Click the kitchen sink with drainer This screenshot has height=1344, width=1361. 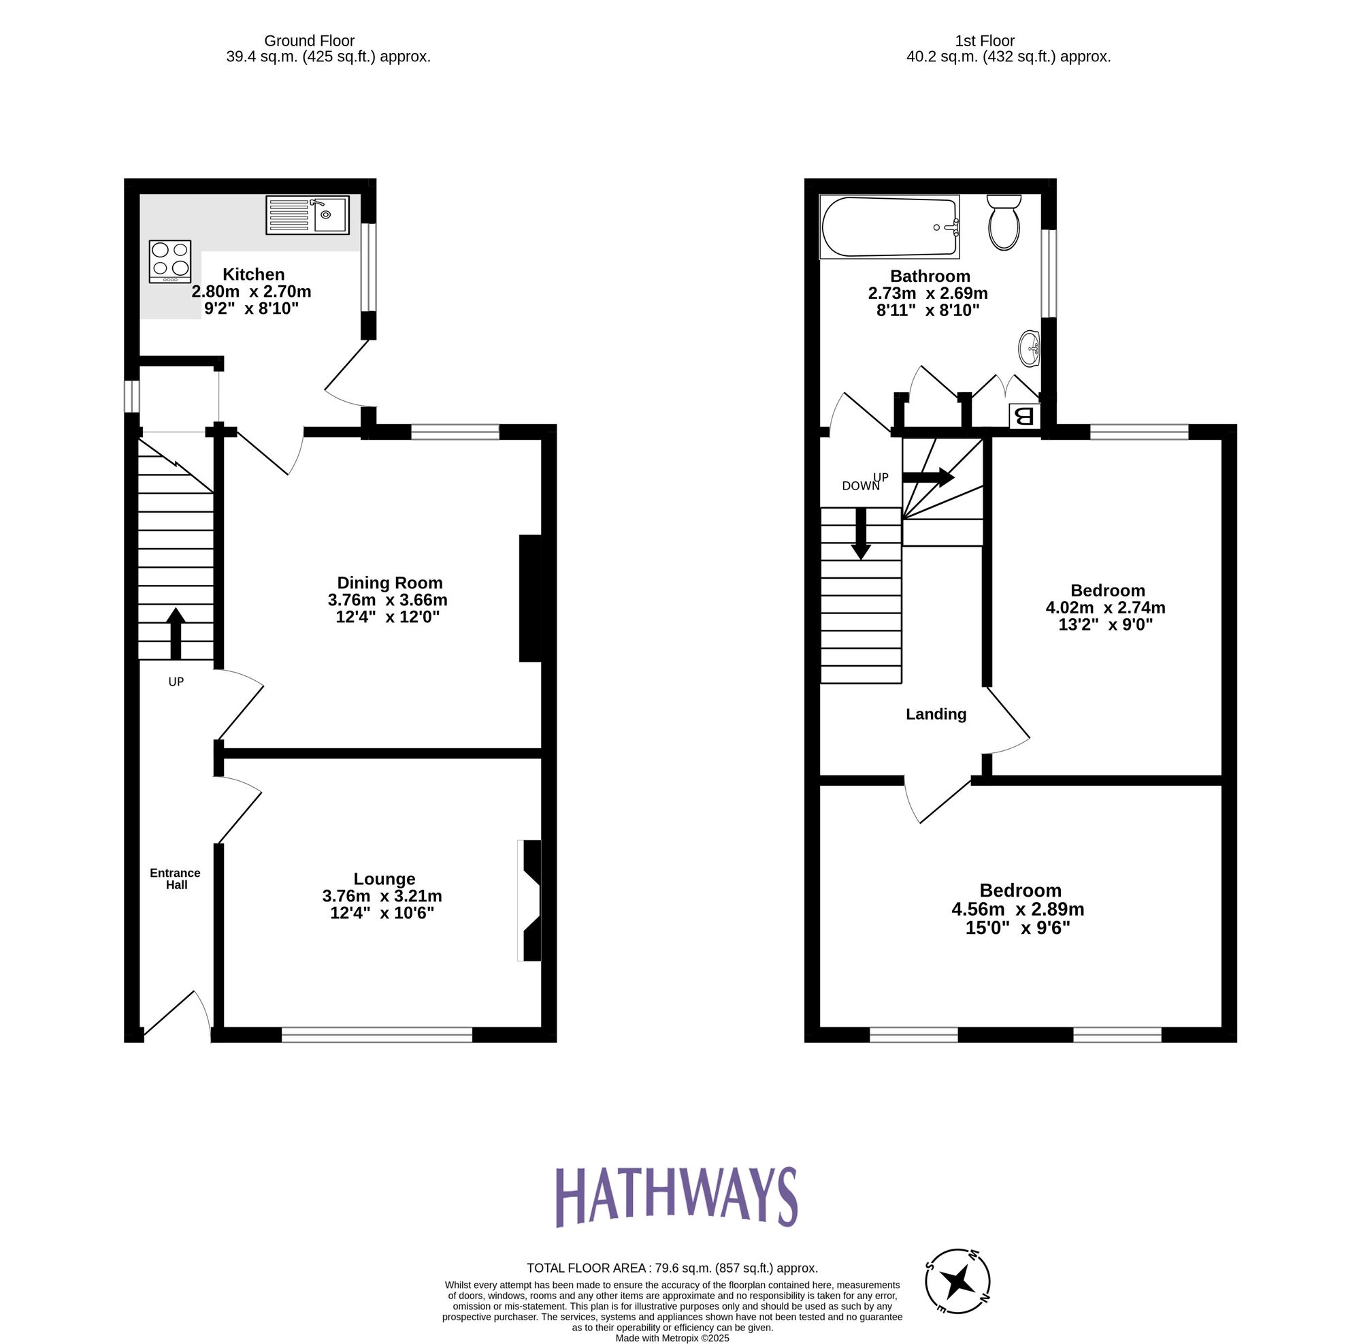[307, 215]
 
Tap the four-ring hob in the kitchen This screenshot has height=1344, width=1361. [169, 261]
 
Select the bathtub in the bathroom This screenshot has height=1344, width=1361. [889, 227]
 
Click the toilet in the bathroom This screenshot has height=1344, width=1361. [1004, 223]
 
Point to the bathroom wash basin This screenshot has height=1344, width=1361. [1029, 348]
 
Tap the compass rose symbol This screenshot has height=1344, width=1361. [957, 1281]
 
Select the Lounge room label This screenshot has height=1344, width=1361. [384, 879]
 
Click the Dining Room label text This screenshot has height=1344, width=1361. [389, 583]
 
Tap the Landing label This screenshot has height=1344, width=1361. [936, 714]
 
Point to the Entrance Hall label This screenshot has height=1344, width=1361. [176, 878]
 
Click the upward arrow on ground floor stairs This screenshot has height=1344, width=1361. [176, 633]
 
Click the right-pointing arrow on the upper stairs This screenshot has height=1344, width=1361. [928, 477]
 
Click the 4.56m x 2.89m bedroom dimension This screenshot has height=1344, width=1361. [1017, 909]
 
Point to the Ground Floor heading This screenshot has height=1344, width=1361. [309, 41]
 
